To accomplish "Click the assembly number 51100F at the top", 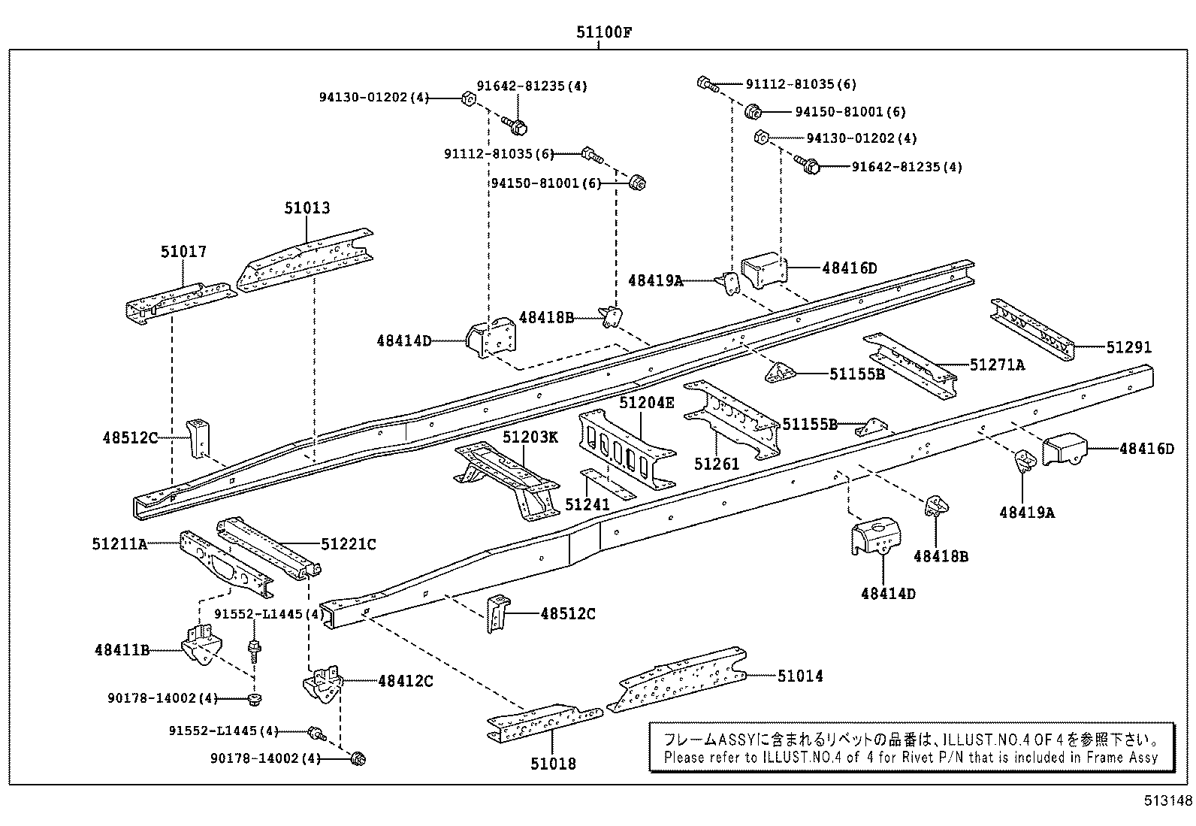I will [x=598, y=32].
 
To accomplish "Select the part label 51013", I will [x=307, y=207].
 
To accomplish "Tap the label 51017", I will [x=183, y=252].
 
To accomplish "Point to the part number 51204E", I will [x=647, y=403].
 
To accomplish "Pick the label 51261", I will [x=717, y=464].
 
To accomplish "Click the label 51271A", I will [x=997, y=365].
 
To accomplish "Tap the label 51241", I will [x=587, y=504].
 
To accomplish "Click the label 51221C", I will [x=349, y=543].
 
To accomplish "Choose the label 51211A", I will [x=120, y=543].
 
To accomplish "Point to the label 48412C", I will [x=406, y=681].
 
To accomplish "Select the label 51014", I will [x=800, y=676].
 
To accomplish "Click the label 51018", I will [x=553, y=764].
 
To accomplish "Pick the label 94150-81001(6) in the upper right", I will [x=850, y=112].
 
